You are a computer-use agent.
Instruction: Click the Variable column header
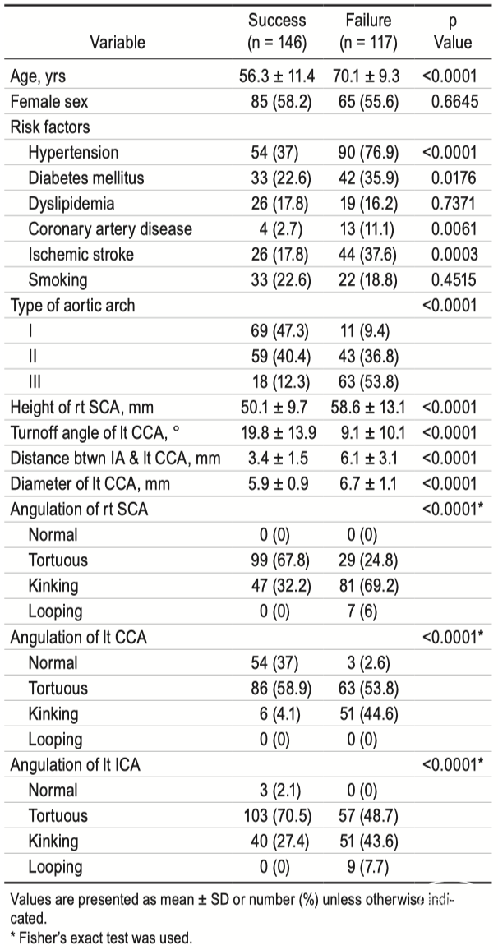pos(118,42)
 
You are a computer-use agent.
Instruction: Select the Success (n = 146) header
pos(277,31)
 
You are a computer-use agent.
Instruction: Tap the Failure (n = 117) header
pos(367,31)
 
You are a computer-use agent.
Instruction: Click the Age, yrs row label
pos(38,76)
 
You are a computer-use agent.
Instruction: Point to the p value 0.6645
pos(454,101)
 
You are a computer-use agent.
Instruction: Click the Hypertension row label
pos(73,153)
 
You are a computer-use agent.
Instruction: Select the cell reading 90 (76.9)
pos(368,153)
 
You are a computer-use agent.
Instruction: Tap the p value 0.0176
pos(454,178)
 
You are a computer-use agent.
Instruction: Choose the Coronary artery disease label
pos(109,229)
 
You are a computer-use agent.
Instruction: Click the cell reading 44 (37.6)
pos(368,255)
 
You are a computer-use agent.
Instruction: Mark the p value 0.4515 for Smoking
pos(454,280)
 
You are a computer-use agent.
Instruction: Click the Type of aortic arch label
pos(72,306)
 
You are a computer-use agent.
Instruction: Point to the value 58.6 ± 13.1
pos(368,407)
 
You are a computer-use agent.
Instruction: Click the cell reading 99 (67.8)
pos(281,560)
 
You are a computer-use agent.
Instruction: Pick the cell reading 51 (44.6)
pos(368,713)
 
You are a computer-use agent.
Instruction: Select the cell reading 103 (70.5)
pos(277,815)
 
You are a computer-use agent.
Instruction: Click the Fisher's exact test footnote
pos(101,938)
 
